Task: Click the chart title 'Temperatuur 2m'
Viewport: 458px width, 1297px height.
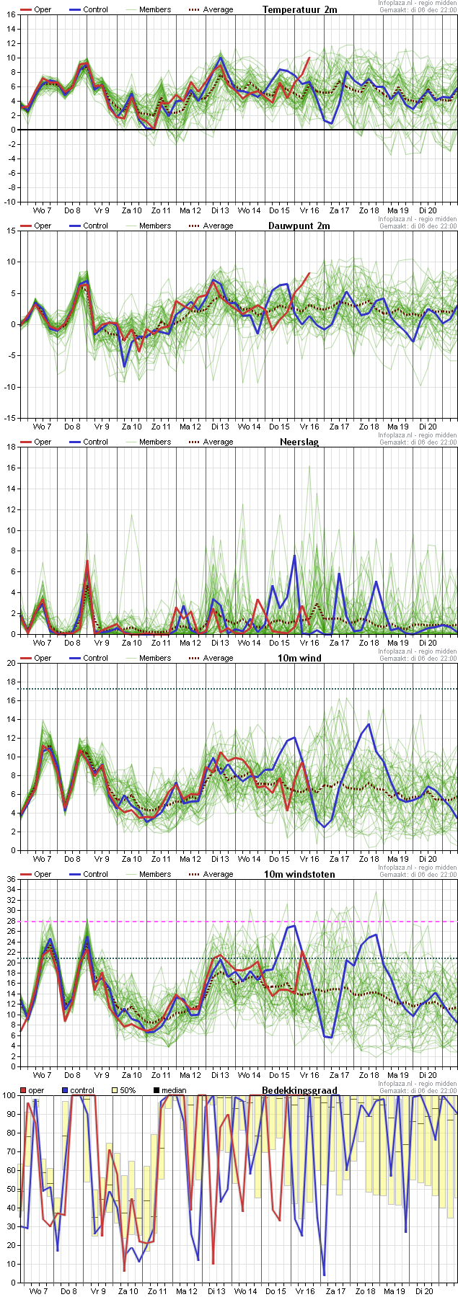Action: pyautogui.click(x=299, y=9)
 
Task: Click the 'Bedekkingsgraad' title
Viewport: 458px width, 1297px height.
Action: pyautogui.click(x=299, y=1090)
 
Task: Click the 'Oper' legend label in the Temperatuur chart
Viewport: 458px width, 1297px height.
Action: pyautogui.click(x=43, y=9)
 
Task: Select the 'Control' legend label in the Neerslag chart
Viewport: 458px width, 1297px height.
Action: pyautogui.click(x=95, y=442)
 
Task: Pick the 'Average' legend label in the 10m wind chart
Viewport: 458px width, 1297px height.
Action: pyautogui.click(x=218, y=658)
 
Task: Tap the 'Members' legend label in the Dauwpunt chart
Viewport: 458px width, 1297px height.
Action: pyautogui.click(x=155, y=226)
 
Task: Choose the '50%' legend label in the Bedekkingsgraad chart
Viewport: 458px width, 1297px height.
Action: pyautogui.click(x=127, y=1090)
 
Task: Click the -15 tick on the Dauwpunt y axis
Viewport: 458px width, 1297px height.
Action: pyautogui.click(x=8, y=418)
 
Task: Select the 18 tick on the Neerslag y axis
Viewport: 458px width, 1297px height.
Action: pyautogui.click(x=10, y=447)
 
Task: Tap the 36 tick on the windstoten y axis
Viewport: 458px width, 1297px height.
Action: pyautogui.click(x=10, y=879)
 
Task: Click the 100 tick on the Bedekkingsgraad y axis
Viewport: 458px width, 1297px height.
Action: pyautogui.click(x=8, y=1095)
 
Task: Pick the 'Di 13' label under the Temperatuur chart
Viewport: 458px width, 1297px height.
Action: pyautogui.click(x=219, y=210)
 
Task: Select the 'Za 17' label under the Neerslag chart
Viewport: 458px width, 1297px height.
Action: pyautogui.click(x=339, y=643)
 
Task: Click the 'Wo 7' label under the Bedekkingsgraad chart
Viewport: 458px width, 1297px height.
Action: pyautogui.click(x=40, y=1291)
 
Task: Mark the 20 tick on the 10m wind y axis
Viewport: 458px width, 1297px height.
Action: pyautogui.click(x=10, y=663)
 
